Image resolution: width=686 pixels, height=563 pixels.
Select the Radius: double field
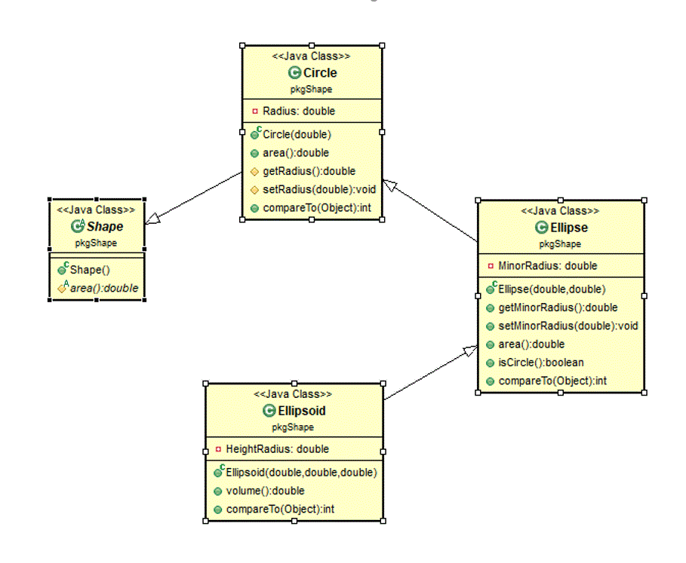click(x=298, y=111)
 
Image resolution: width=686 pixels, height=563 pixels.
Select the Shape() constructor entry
click(x=90, y=270)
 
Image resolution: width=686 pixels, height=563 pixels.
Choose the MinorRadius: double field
click(x=547, y=265)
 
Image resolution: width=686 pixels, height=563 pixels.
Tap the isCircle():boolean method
click(x=540, y=363)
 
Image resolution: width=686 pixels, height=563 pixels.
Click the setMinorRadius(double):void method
click(x=568, y=326)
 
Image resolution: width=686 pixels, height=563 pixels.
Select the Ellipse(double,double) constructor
click(x=552, y=289)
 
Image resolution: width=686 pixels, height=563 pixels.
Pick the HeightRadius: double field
click(x=277, y=448)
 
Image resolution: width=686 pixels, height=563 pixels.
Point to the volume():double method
click(x=265, y=491)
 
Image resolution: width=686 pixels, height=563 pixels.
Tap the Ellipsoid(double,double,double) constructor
click(x=300, y=473)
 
